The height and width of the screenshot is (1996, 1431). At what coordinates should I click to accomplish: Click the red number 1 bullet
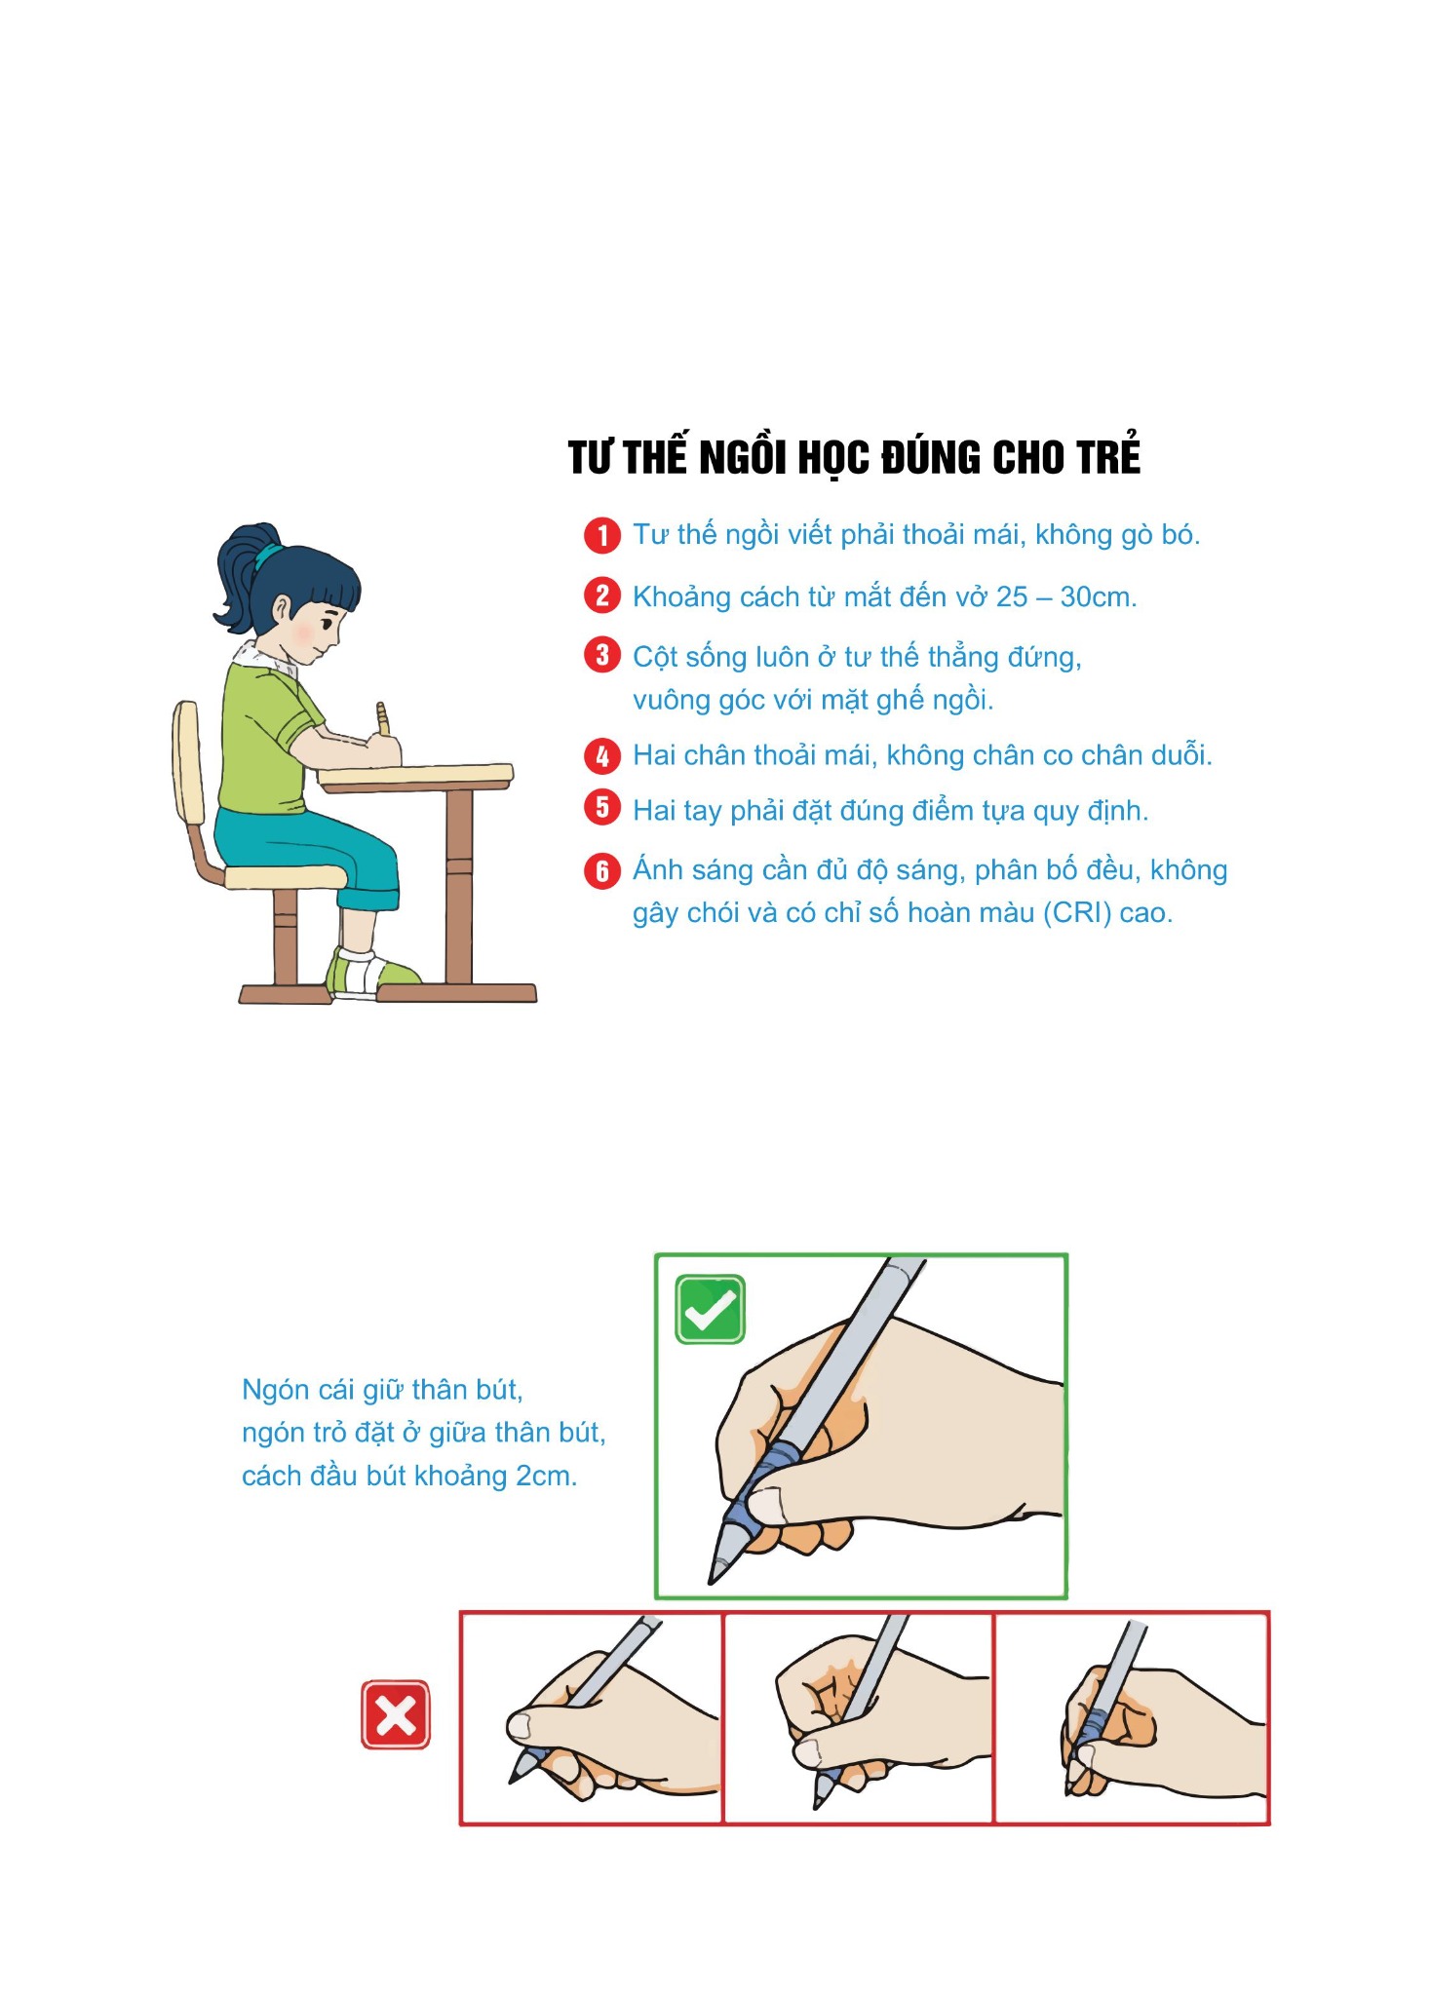click(x=602, y=535)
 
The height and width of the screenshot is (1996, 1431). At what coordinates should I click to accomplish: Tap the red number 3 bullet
click(x=602, y=655)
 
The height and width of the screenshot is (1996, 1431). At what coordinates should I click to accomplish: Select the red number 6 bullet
click(x=602, y=870)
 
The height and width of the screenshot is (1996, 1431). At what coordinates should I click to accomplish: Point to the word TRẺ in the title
click(x=1108, y=455)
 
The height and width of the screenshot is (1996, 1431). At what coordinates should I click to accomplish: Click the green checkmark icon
click(x=711, y=1309)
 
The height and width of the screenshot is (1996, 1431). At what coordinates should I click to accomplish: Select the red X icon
click(x=396, y=1714)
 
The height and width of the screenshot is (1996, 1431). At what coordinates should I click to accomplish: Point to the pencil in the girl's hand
click(x=383, y=719)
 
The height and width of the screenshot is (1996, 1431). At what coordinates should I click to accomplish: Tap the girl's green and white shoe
click(x=370, y=974)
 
